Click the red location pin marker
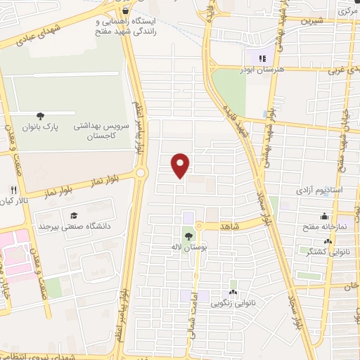tap(181, 165)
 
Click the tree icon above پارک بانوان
tap(39, 116)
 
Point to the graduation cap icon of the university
tap(74, 215)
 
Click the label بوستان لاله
tap(188, 247)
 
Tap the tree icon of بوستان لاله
tap(188, 236)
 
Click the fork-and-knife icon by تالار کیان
tap(13, 191)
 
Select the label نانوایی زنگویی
tap(233, 304)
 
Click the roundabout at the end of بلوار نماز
tap(141, 172)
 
